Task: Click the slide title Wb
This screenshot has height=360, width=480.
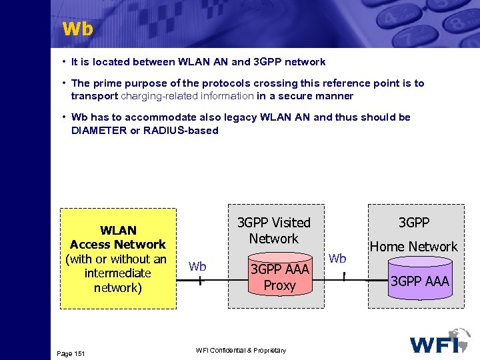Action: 77,29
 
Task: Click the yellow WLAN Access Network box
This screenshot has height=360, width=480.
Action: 118,259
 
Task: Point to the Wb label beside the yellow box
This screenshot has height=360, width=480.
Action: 197,267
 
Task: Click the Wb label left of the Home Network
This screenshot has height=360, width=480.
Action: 338,258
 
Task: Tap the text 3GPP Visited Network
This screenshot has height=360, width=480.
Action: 274,230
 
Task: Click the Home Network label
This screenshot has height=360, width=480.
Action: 413,247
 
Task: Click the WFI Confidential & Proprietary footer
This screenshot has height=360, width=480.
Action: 241,351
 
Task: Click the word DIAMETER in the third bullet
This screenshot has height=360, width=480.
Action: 98,131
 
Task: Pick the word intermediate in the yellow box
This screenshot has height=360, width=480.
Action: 118,273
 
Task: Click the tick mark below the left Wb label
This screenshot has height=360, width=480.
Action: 199,281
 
